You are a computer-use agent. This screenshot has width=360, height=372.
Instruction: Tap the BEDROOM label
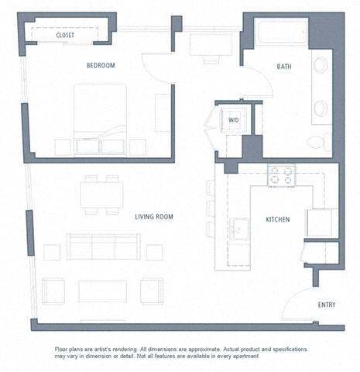100,66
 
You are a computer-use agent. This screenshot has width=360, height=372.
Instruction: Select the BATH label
284,67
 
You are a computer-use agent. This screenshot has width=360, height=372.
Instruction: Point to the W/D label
233,119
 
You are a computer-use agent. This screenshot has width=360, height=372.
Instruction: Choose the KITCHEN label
276,220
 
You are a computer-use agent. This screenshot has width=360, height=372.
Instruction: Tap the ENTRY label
327,305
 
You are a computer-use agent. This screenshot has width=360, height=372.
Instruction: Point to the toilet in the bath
318,142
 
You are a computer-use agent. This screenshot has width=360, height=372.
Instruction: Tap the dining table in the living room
101,195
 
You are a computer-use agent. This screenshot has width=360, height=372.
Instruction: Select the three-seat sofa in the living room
102,247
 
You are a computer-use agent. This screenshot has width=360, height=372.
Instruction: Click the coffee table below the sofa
102,291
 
